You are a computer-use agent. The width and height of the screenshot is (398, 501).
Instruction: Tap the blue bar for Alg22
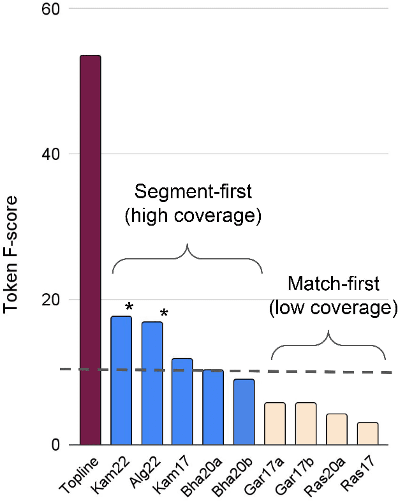(152, 383)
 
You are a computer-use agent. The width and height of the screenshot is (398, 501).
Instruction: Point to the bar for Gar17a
(275, 424)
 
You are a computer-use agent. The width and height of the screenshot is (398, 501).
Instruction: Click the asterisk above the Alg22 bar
(164, 314)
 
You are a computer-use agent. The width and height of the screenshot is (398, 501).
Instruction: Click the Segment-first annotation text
(193, 204)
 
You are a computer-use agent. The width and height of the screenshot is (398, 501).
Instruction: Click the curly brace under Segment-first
(187, 258)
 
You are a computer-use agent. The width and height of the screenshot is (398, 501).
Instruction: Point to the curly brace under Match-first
(328, 344)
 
